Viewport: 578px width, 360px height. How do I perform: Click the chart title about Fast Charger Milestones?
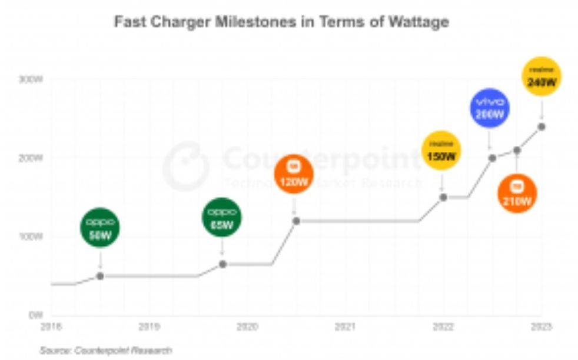pyautogui.click(x=281, y=22)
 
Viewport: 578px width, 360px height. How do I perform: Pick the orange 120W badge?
pyautogui.click(x=294, y=174)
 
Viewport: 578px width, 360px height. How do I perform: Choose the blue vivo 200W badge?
pyautogui.click(x=490, y=108)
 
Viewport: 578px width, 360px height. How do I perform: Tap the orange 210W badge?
pyautogui.click(x=517, y=193)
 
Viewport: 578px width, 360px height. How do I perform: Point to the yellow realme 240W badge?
pyautogui.click(x=542, y=76)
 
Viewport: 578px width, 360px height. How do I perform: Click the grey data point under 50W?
pyautogui.click(x=100, y=276)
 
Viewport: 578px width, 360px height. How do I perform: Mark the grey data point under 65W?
pyautogui.click(x=222, y=264)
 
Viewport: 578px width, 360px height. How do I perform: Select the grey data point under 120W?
pyautogui.click(x=296, y=221)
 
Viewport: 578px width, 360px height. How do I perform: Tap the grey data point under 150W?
pyautogui.click(x=443, y=197)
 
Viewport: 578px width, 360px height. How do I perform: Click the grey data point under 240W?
pyautogui.click(x=542, y=126)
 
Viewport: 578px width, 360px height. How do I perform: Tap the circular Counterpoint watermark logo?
pyautogui.click(x=185, y=166)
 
